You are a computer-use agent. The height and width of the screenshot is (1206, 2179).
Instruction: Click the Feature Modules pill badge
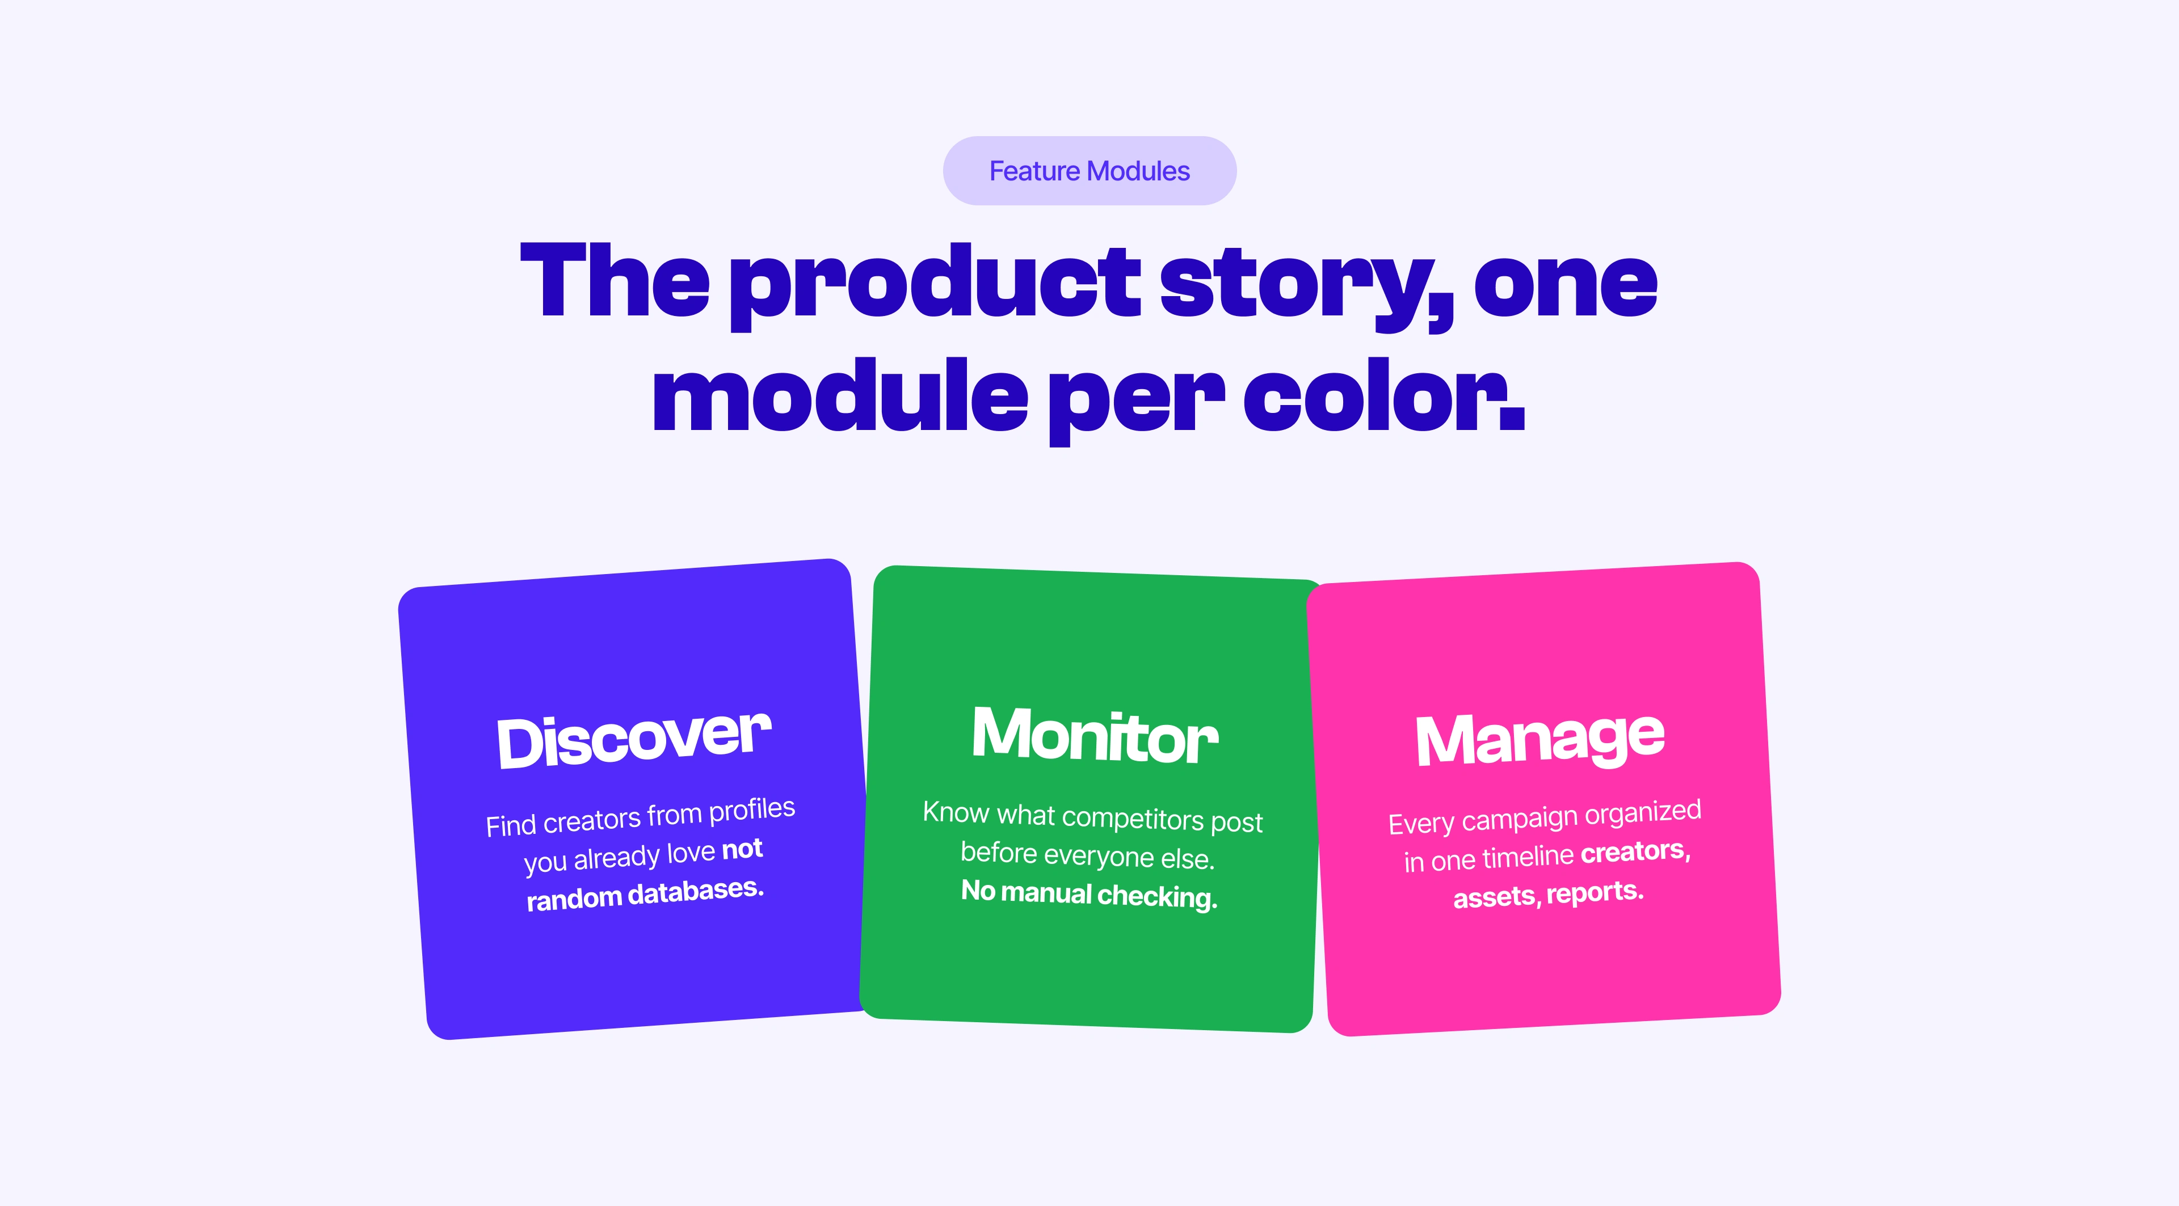(1089, 171)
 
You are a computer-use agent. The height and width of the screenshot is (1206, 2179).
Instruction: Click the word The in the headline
(615, 281)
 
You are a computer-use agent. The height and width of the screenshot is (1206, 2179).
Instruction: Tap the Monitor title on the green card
(1095, 735)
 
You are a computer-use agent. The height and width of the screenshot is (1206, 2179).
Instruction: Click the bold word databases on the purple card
(695, 892)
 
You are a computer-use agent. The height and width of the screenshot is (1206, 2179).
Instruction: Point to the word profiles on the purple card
(752, 810)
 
